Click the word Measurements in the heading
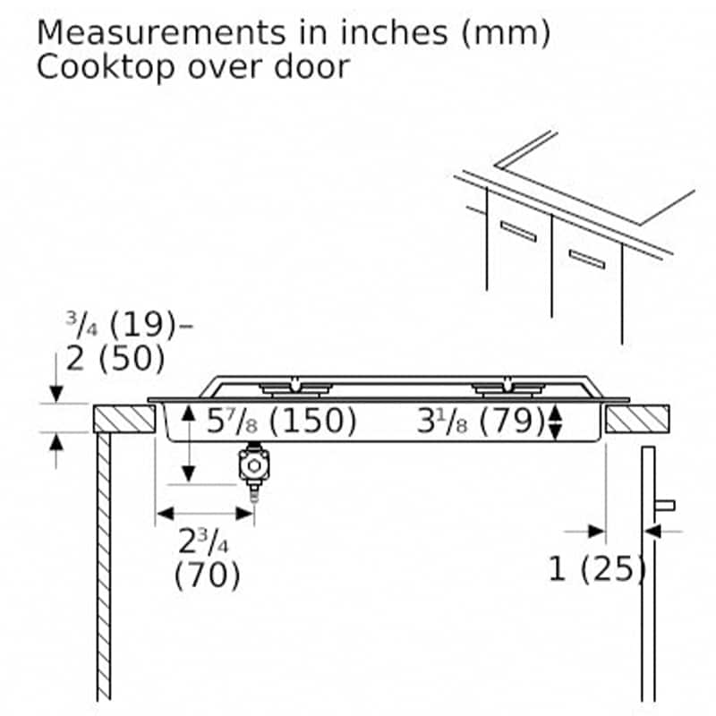[x=161, y=33]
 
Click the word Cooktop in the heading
[x=106, y=68]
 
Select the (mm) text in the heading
[x=506, y=34]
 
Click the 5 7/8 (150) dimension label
[x=281, y=421]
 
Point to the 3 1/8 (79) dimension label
[x=481, y=421]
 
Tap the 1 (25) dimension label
[x=597, y=569]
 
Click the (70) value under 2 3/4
[x=207, y=575]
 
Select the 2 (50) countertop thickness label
[x=115, y=358]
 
